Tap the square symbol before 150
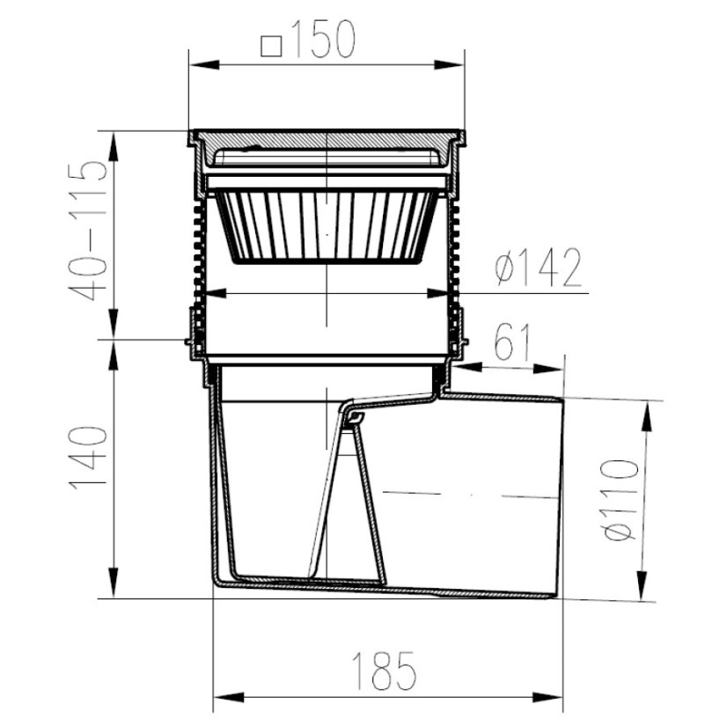(x=272, y=47)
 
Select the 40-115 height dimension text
(x=88, y=231)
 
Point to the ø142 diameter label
(x=538, y=268)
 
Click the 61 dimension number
(x=511, y=342)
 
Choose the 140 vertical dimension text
(x=88, y=458)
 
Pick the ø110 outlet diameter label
(x=619, y=500)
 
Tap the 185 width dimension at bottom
(x=384, y=671)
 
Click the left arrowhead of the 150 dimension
(x=204, y=64)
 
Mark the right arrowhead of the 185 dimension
(x=547, y=697)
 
